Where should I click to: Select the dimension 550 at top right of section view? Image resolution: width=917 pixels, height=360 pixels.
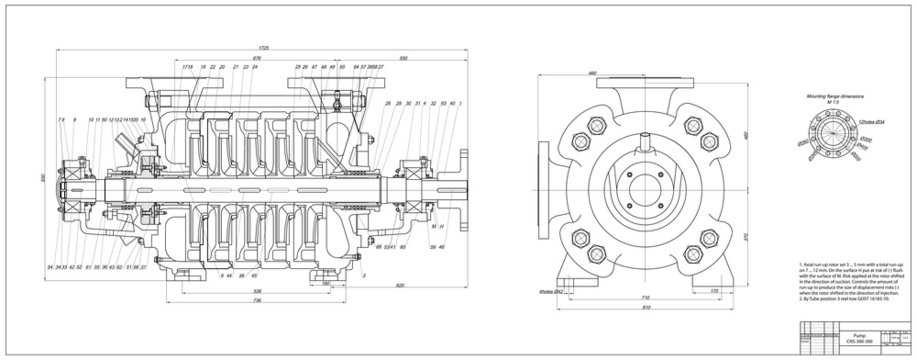click(403, 59)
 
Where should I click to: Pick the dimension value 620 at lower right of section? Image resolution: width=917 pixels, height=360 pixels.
click(400, 286)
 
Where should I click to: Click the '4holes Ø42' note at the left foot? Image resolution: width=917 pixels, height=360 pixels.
click(553, 291)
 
